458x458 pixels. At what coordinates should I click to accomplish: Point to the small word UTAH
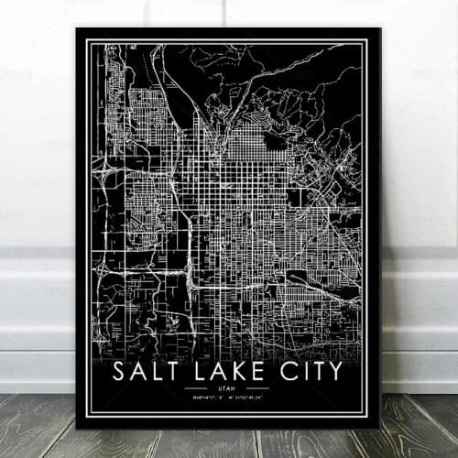(x=229, y=388)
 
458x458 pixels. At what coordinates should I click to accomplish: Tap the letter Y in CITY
(x=334, y=371)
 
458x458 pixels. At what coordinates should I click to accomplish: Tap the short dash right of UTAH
(x=252, y=388)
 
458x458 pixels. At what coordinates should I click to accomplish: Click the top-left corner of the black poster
(x=77, y=28)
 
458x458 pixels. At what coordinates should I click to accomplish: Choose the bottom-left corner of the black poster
(x=77, y=427)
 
